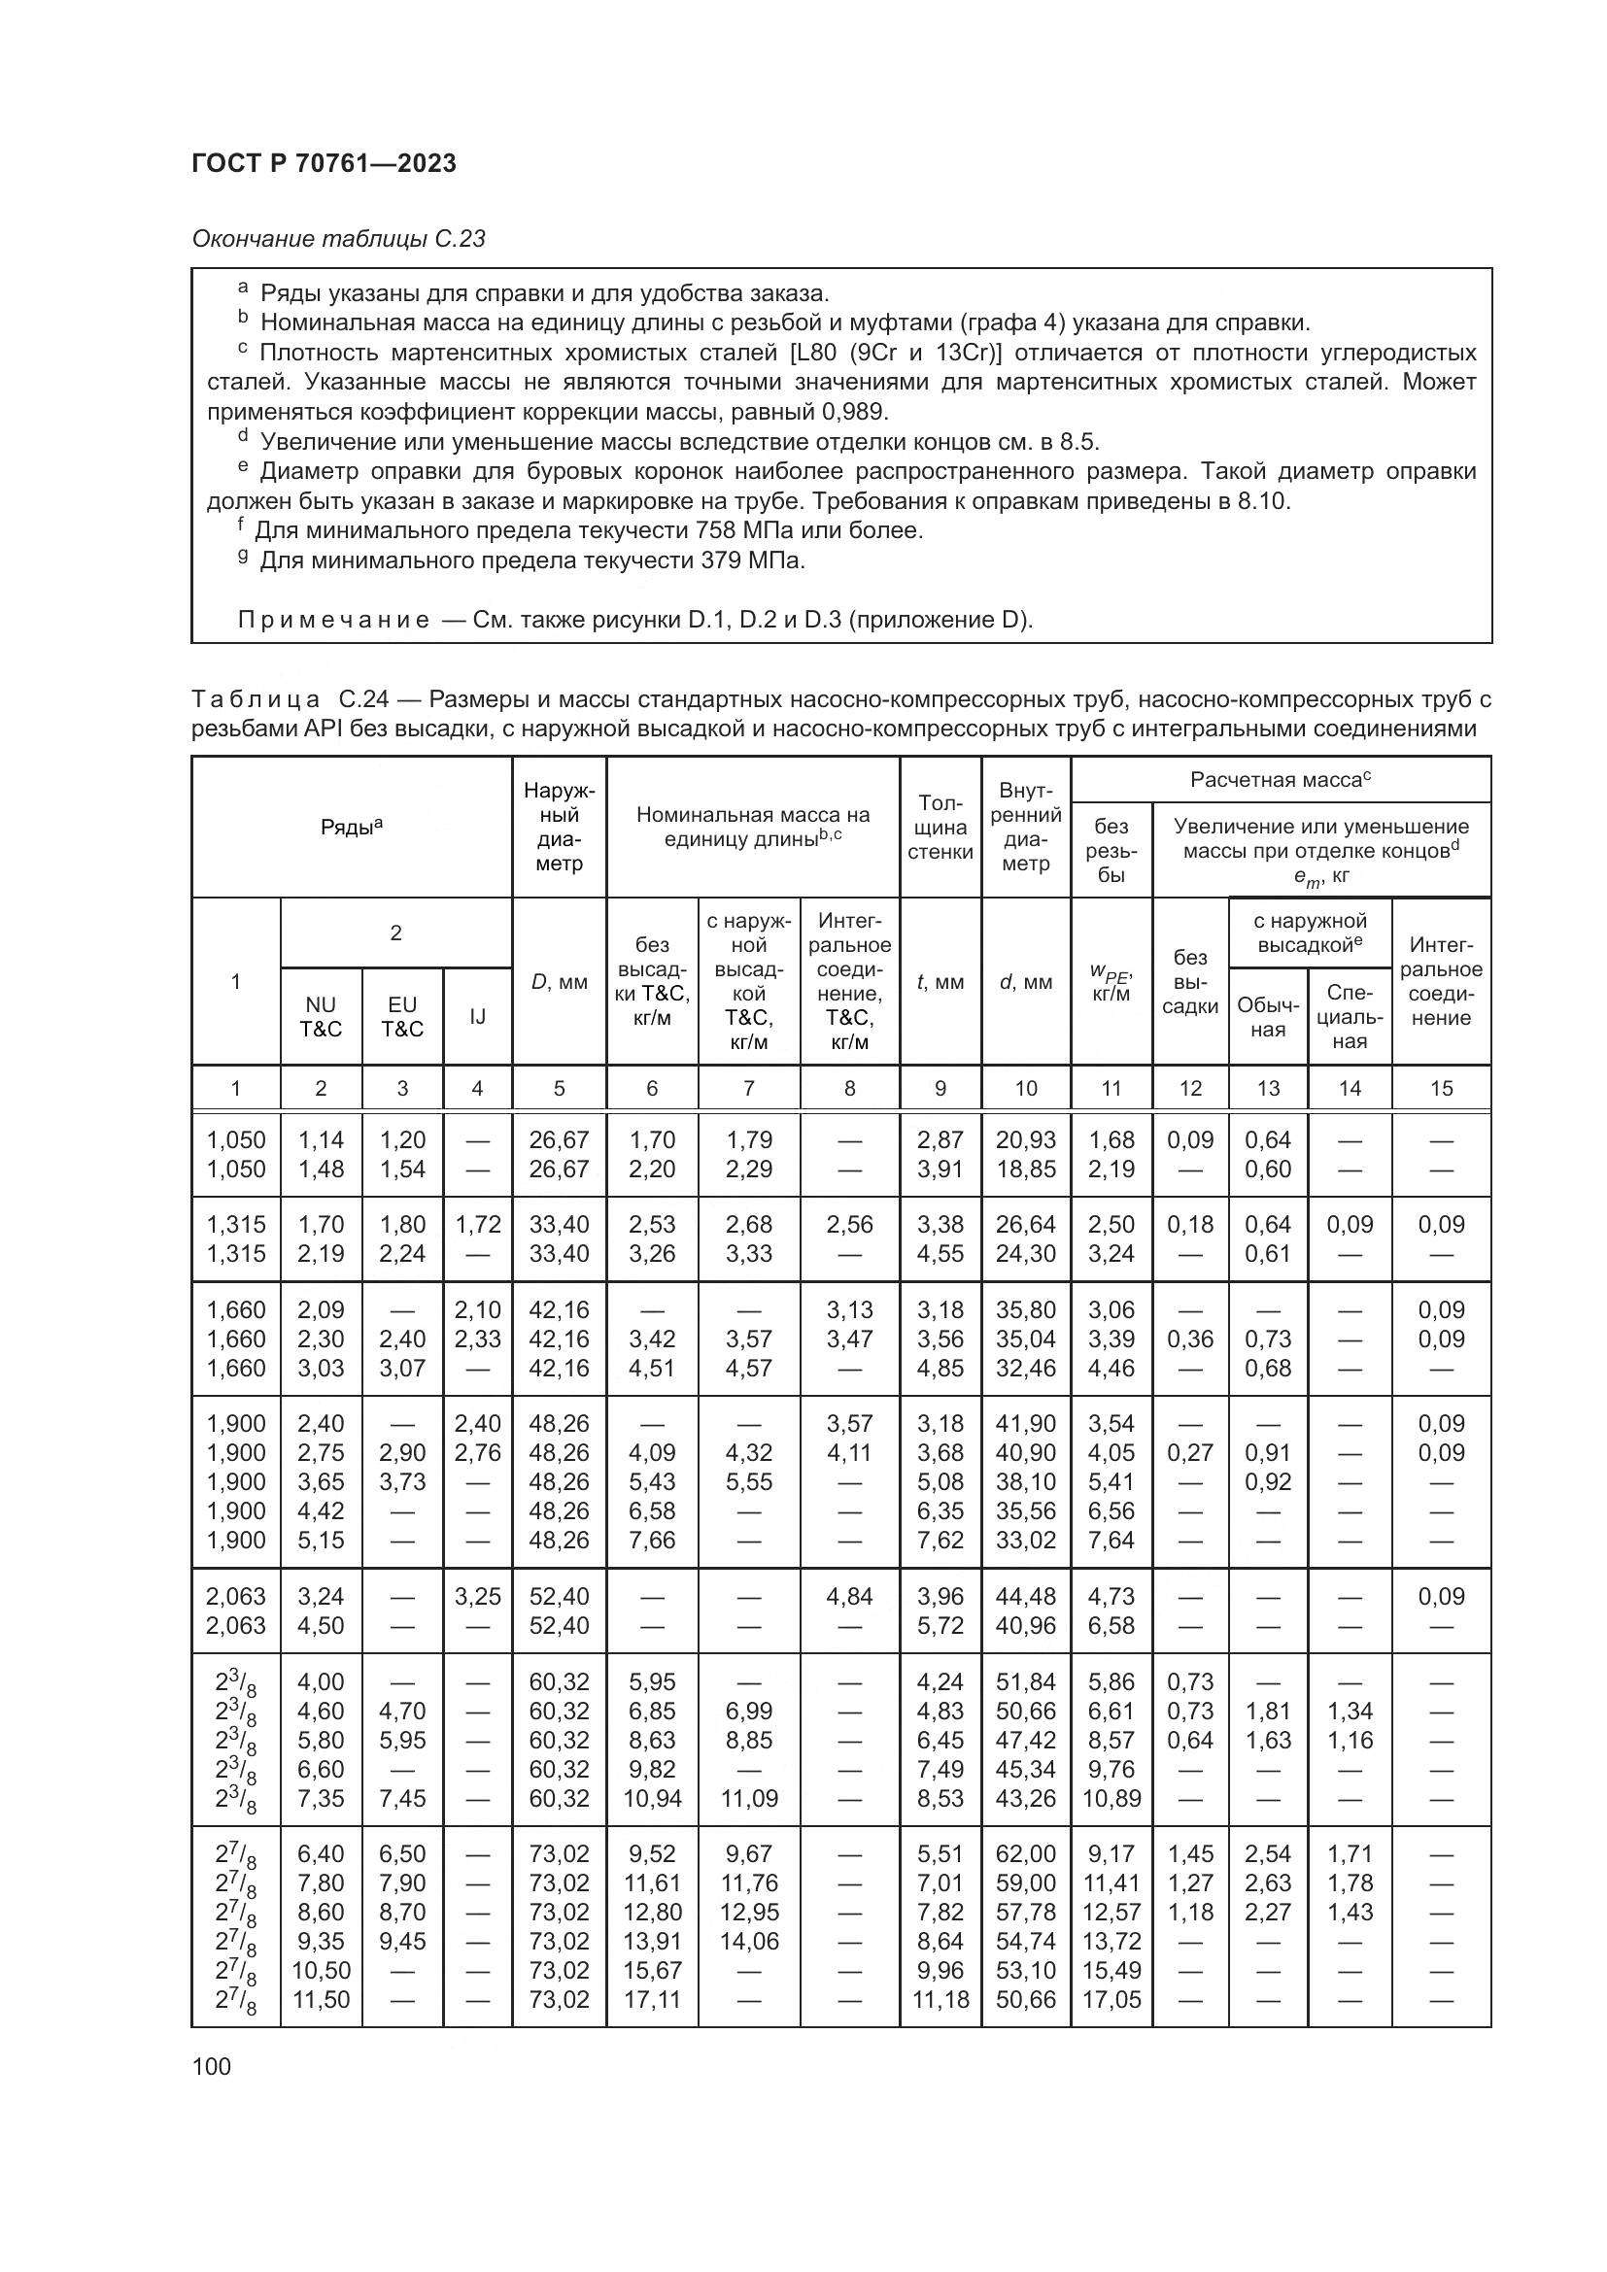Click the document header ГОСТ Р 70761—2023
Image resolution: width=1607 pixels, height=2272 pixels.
tap(324, 163)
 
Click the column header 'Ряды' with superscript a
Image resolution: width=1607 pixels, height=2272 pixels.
tap(352, 828)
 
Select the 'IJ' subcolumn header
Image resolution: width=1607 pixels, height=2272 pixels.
tap(477, 1016)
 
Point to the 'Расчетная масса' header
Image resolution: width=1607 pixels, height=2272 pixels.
tap(1280, 780)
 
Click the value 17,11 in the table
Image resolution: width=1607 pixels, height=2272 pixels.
tap(652, 1999)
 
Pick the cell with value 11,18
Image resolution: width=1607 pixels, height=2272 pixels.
tap(940, 1999)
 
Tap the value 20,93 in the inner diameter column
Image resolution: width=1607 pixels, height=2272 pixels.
tap(1025, 1140)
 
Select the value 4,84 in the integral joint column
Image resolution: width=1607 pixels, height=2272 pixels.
tap(849, 1596)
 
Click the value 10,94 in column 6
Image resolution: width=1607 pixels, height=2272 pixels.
tap(652, 1798)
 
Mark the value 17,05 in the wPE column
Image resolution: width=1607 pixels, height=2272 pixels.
tap(1111, 1999)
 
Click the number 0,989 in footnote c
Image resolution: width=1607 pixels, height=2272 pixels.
tap(855, 412)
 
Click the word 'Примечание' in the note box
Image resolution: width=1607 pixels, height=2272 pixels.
tap(333, 621)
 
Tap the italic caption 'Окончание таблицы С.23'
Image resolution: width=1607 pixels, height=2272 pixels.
tap(338, 239)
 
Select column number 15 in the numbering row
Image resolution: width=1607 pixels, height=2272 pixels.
tap(1441, 1089)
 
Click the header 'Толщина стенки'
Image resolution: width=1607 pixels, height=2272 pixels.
tap(940, 828)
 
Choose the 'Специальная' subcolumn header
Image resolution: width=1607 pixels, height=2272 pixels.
tap(1349, 1016)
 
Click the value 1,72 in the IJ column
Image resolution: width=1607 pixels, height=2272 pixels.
tap(477, 1225)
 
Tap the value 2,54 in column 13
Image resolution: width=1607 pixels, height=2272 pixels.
tap(1268, 1853)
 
